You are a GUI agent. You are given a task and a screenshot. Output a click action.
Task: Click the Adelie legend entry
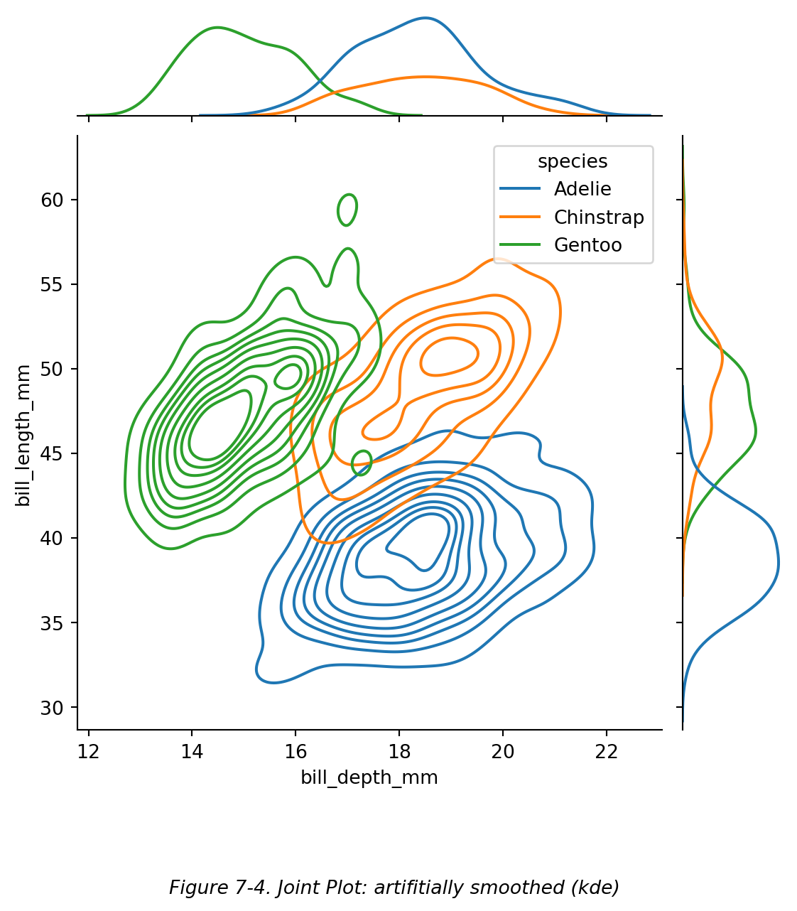pyautogui.click(x=582, y=189)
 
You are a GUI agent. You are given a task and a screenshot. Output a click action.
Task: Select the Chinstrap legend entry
pyautogui.click(x=599, y=217)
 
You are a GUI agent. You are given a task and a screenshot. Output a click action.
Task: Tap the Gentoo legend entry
pyautogui.click(x=587, y=245)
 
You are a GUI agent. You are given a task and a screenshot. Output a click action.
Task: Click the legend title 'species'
pyautogui.click(x=573, y=161)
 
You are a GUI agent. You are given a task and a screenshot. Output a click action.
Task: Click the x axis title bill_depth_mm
pyautogui.click(x=369, y=777)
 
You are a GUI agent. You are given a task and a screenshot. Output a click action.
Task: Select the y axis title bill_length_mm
pyautogui.click(x=23, y=435)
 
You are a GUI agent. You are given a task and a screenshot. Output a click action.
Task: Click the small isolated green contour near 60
pyautogui.click(x=347, y=210)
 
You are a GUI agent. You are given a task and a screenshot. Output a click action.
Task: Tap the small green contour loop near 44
pyautogui.click(x=362, y=463)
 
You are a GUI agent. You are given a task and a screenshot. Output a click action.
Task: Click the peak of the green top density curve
pyautogui.click(x=217, y=28)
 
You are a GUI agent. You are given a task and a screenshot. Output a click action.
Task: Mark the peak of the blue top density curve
pyautogui.click(x=425, y=18)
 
